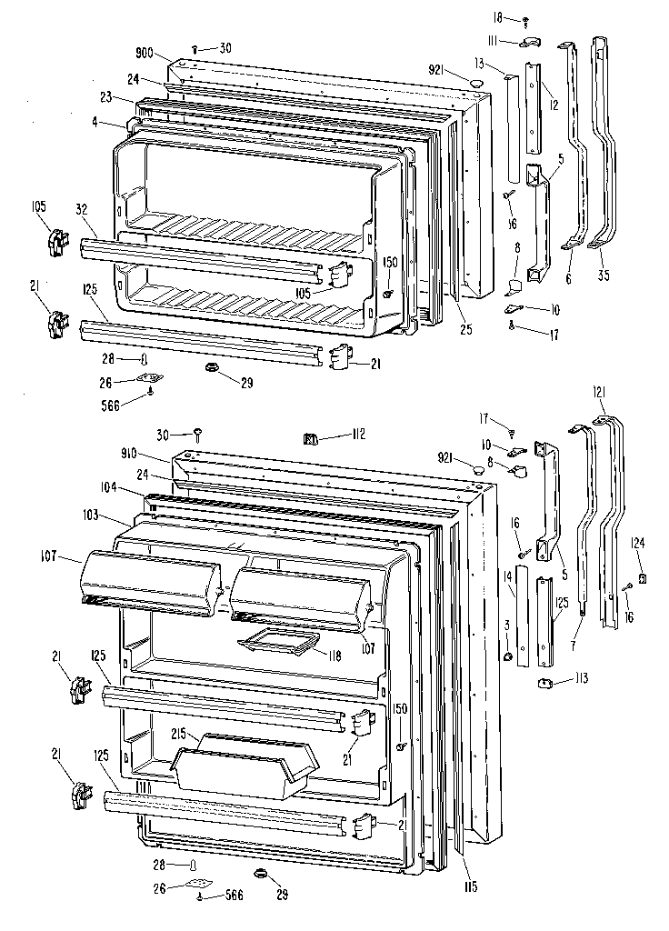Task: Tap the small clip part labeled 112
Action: tap(309, 439)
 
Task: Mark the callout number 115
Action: tap(468, 886)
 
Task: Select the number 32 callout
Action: tap(82, 209)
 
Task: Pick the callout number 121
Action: tap(599, 392)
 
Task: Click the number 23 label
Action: tap(105, 97)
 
